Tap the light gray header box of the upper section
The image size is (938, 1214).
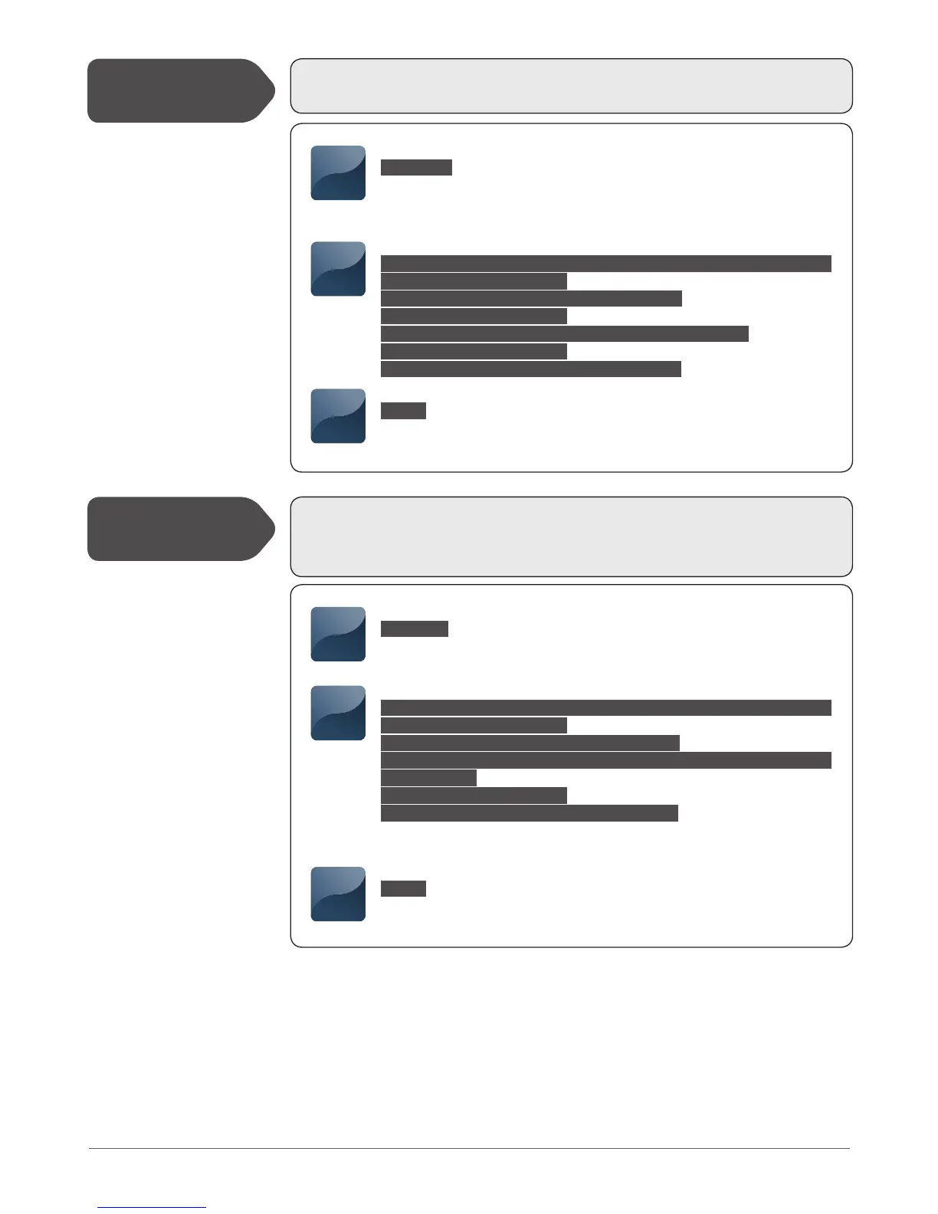(x=571, y=86)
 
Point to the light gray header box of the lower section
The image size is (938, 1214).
(x=571, y=536)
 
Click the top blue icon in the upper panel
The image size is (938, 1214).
(x=338, y=173)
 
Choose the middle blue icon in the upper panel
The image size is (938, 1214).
(x=338, y=269)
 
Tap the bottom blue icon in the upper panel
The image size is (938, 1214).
(x=338, y=416)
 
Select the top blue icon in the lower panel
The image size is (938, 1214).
(x=338, y=635)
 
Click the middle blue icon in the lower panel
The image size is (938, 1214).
(x=338, y=714)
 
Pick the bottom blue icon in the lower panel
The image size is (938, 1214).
(x=338, y=894)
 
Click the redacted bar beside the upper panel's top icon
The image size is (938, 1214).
(x=416, y=168)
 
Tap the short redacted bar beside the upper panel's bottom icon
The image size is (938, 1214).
(x=403, y=411)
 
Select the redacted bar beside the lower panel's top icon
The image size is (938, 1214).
(x=415, y=629)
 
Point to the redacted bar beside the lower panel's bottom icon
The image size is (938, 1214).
(x=403, y=889)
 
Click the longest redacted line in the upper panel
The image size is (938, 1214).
(x=605, y=264)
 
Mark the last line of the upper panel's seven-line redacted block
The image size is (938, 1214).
(x=530, y=369)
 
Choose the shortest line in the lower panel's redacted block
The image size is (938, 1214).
(x=428, y=778)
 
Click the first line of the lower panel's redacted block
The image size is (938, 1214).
(x=605, y=707)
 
